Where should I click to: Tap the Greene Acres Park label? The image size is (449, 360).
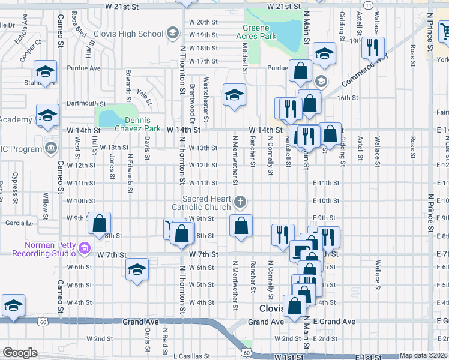[260, 32]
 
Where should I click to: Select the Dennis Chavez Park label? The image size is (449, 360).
[138, 124]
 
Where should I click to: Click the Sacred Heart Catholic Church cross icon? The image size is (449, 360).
[240, 202]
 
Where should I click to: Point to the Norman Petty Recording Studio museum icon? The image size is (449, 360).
[85, 247]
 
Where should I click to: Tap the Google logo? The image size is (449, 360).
[19, 352]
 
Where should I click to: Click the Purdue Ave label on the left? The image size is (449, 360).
[83, 68]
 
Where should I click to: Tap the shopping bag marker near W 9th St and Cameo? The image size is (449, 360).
[99, 224]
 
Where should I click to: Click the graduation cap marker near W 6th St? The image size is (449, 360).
[137, 270]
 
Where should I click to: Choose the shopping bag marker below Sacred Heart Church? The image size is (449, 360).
[241, 226]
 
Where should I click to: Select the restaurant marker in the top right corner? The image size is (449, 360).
[374, 46]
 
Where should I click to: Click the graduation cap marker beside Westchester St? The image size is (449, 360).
[234, 95]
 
